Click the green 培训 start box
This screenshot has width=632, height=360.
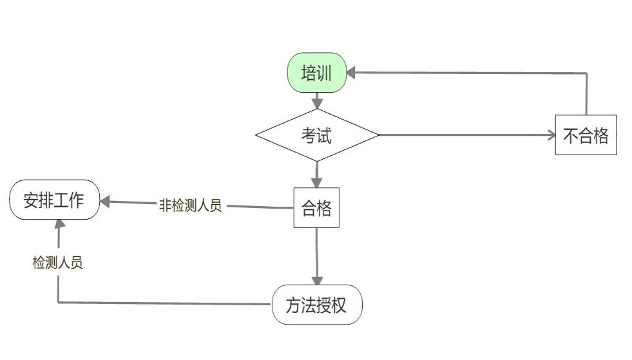pyautogui.click(x=316, y=73)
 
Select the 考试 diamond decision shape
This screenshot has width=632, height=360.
pyautogui.click(x=316, y=135)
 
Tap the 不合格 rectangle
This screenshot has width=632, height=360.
pyautogui.click(x=586, y=135)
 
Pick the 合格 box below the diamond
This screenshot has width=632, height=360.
pyautogui.click(x=316, y=208)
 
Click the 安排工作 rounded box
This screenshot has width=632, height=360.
pyautogui.click(x=54, y=200)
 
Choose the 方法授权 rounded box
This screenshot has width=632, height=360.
pyautogui.click(x=317, y=305)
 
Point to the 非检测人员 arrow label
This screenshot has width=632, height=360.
pyautogui.click(x=190, y=206)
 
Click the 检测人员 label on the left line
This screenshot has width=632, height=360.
pyautogui.click(x=58, y=263)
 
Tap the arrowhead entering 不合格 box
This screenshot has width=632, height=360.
pyautogui.click(x=550, y=135)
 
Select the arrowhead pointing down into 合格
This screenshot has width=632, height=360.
pyautogui.click(x=316, y=182)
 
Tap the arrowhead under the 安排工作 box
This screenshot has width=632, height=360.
pyautogui.click(x=59, y=224)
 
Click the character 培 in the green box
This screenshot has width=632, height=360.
pyautogui.click(x=309, y=73)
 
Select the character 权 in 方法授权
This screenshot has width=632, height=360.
pyautogui.click(x=340, y=305)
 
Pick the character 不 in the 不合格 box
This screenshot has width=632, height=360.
pyautogui.click(x=571, y=136)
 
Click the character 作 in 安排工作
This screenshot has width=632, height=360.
pyautogui.click(x=76, y=200)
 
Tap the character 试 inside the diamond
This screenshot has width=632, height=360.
pyautogui.click(x=324, y=135)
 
